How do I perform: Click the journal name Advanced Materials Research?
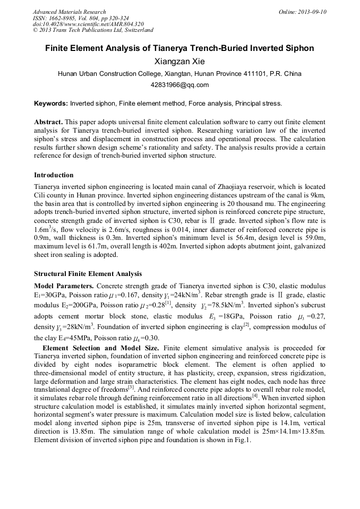(69, 12)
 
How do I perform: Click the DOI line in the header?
(88, 24)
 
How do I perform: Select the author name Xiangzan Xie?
(179, 62)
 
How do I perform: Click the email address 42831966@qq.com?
(179, 85)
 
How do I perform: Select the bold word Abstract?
(49, 122)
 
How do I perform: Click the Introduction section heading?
(54, 175)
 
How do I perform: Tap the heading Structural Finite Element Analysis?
(88, 274)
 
